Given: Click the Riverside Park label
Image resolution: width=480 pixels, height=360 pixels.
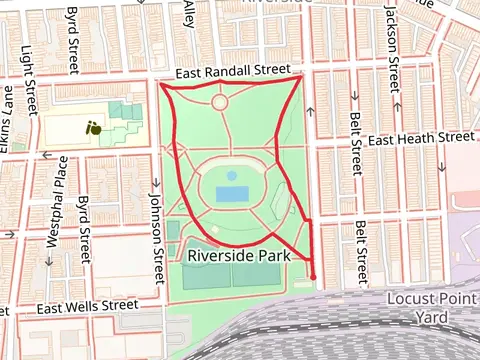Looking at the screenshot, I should (238, 256).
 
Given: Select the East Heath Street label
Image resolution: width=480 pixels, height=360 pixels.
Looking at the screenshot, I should (419, 141).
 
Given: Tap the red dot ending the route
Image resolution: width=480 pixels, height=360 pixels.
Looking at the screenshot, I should (313, 277).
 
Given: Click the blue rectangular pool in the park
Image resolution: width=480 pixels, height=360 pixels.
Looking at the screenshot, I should (232, 192).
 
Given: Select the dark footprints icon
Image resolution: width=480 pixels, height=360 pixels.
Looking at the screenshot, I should (93, 127).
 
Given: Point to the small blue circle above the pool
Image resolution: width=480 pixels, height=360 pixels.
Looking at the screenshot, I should (232, 175).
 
